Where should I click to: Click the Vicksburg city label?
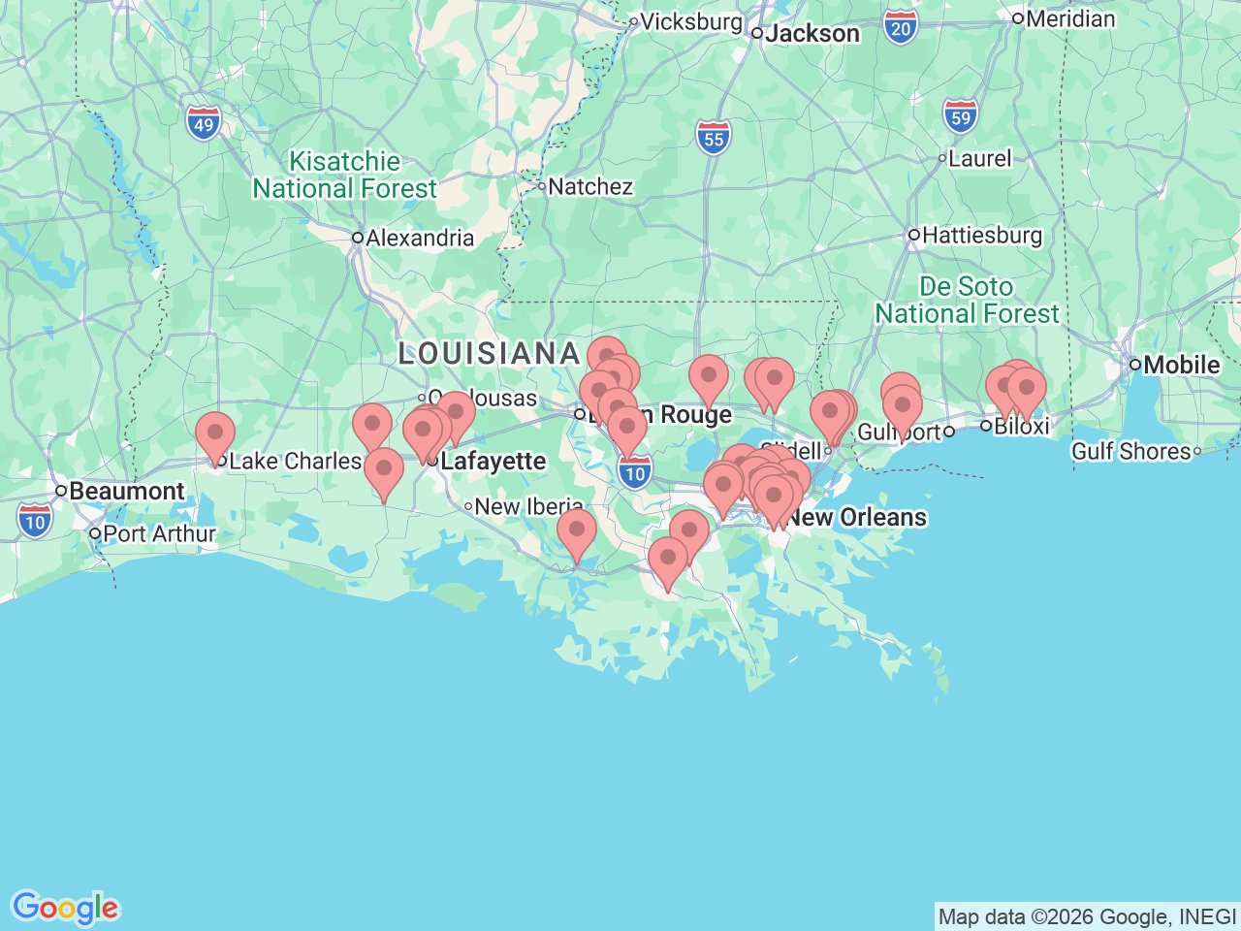coord(690,21)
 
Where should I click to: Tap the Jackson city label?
coord(811,34)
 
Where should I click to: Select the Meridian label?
coord(1069,18)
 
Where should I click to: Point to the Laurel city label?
coord(979,158)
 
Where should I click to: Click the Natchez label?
coord(589,186)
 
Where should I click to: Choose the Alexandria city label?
coord(419,238)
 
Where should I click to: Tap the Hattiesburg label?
coord(981,235)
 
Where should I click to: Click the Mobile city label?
coord(1181,365)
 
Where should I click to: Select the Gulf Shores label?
coord(1130,451)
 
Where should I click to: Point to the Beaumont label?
coord(126,491)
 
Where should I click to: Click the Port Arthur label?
coord(159,533)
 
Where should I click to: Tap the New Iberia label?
coord(528,506)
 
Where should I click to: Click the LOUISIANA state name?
coord(490,353)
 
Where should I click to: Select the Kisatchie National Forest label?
coord(345,175)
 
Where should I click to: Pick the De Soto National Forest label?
coord(967,300)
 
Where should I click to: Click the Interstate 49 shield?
coord(204,123)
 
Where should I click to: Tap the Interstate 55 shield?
coord(714,138)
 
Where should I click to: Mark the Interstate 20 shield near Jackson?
coord(901,28)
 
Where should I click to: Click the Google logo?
coord(65,909)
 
